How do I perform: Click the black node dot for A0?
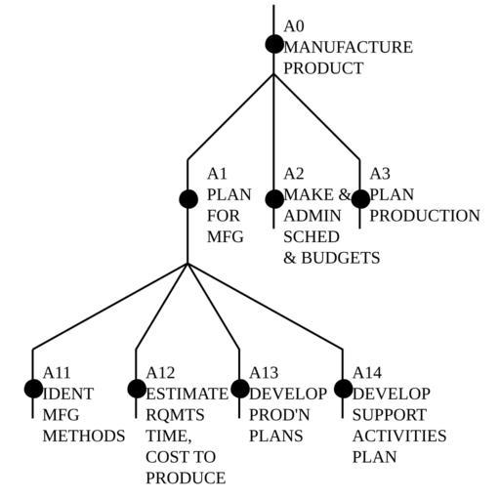(274, 44)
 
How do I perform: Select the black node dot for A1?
(188, 199)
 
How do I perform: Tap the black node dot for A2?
(274, 199)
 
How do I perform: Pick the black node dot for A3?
(360, 199)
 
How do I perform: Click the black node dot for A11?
(33, 389)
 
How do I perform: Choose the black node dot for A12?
(137, 389)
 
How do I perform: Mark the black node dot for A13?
(240, 389)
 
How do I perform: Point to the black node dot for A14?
(343, 389)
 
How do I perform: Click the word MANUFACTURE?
(348, 47)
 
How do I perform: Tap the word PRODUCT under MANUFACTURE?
(323, 68)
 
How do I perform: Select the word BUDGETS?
(340, 258)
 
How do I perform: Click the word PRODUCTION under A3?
(425, 216)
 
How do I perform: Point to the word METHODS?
(84, 436)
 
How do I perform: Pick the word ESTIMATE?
(187, 394)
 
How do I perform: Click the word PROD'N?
(279, 415)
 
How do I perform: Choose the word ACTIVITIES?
(399, 436)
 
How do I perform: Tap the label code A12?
(160, 373)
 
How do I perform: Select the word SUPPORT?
(390, 415)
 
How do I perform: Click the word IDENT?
(68, 394)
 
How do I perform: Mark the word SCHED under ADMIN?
(312, 236)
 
